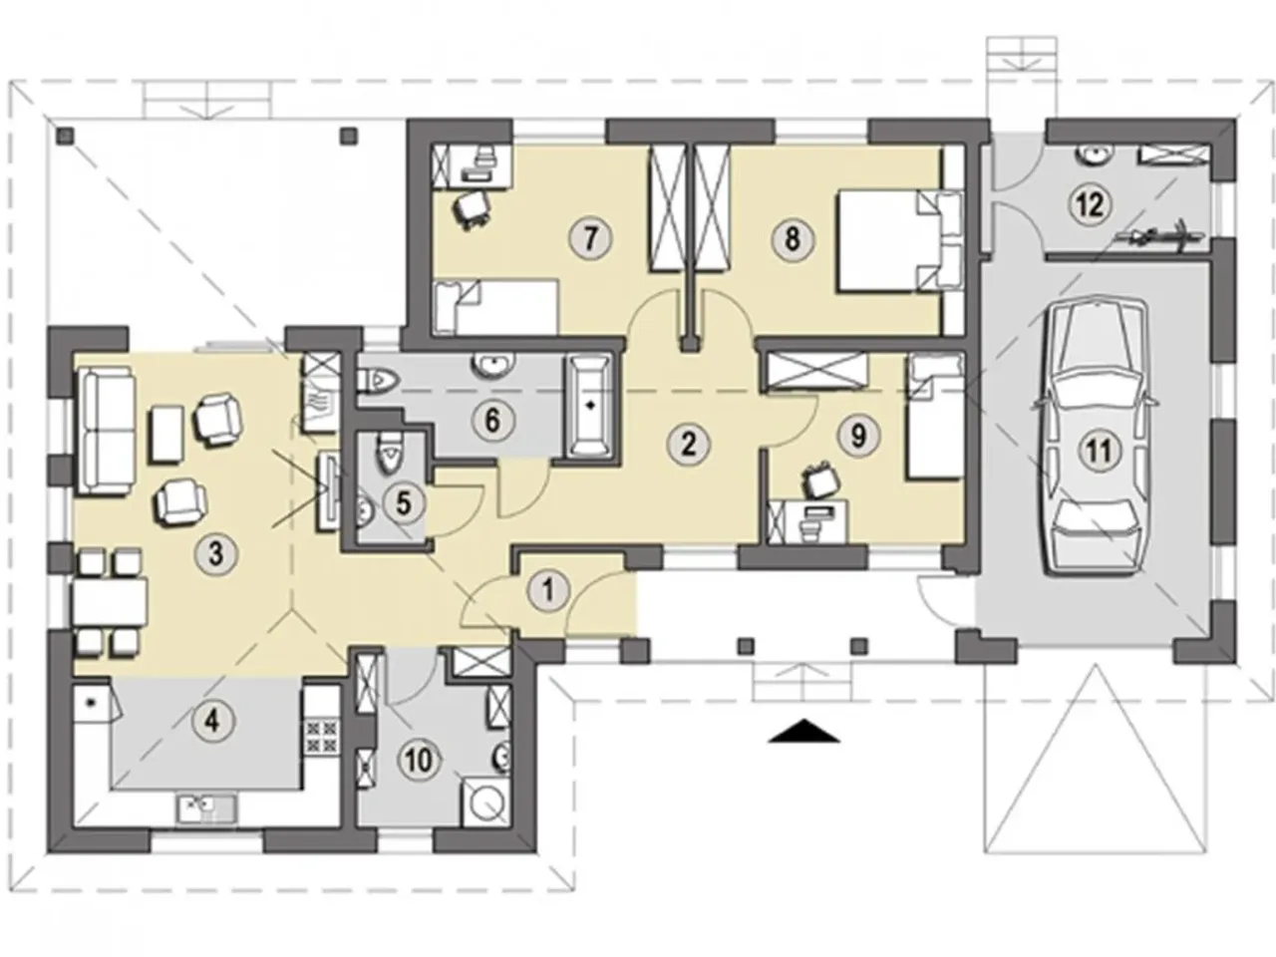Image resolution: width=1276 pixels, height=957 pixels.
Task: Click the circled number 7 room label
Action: click(590, 238)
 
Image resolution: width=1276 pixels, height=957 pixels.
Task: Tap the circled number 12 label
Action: click(1090, 204)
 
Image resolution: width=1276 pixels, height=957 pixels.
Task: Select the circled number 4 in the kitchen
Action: click(212, 723)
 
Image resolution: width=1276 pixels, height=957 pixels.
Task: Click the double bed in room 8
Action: click(900, 239)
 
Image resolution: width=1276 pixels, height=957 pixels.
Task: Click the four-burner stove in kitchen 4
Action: click(320, 736)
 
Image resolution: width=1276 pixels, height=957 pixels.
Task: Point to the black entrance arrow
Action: click(804, 731)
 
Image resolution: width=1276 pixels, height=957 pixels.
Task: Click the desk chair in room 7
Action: click(473, 210)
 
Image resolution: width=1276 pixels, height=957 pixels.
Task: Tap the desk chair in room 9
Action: click(820, 479)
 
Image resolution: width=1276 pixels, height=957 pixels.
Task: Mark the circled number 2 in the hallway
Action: click(688, 445)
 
